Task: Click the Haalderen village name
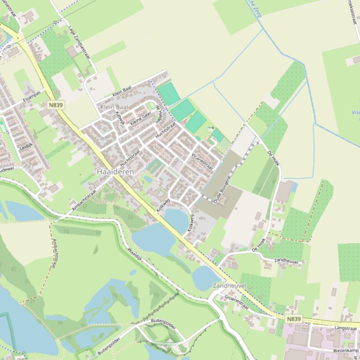[x=115, y=172]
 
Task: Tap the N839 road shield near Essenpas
[x=55, y=105]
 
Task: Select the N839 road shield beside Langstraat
[x=294, y=319]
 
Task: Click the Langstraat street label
[x=346, y=329]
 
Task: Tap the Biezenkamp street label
[x=346, y=351]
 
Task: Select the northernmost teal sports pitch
[x=169, y=94]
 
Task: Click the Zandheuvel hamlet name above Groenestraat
[x=229, y=285]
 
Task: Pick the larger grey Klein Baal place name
[x=114, y=107]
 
